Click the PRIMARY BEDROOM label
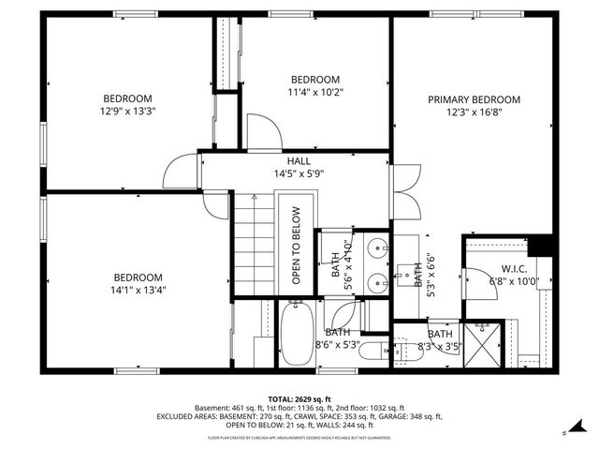tap(474, 99)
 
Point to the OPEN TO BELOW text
tap(296, 247)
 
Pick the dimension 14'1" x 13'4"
tap(139, 290)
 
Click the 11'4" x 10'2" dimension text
tap(314, 92)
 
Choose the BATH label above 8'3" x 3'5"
tap(439, 334)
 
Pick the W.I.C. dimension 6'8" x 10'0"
tap(515, 280)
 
